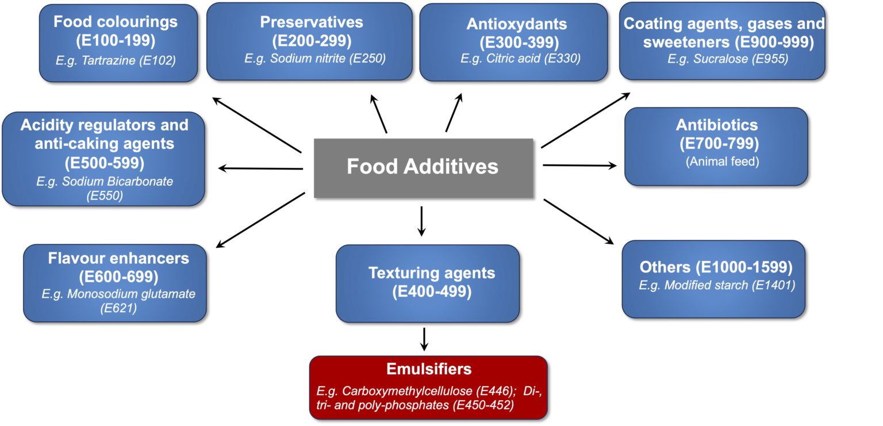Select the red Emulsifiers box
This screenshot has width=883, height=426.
428,387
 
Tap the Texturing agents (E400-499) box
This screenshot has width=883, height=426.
427,283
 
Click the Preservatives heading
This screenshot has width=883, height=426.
311,22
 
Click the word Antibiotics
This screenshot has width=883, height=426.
716,125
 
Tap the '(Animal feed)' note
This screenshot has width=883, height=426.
722,162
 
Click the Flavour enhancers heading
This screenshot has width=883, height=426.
118,258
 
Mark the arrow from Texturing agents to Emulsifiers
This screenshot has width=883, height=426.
424,339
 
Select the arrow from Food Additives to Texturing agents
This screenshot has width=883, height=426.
421,220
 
